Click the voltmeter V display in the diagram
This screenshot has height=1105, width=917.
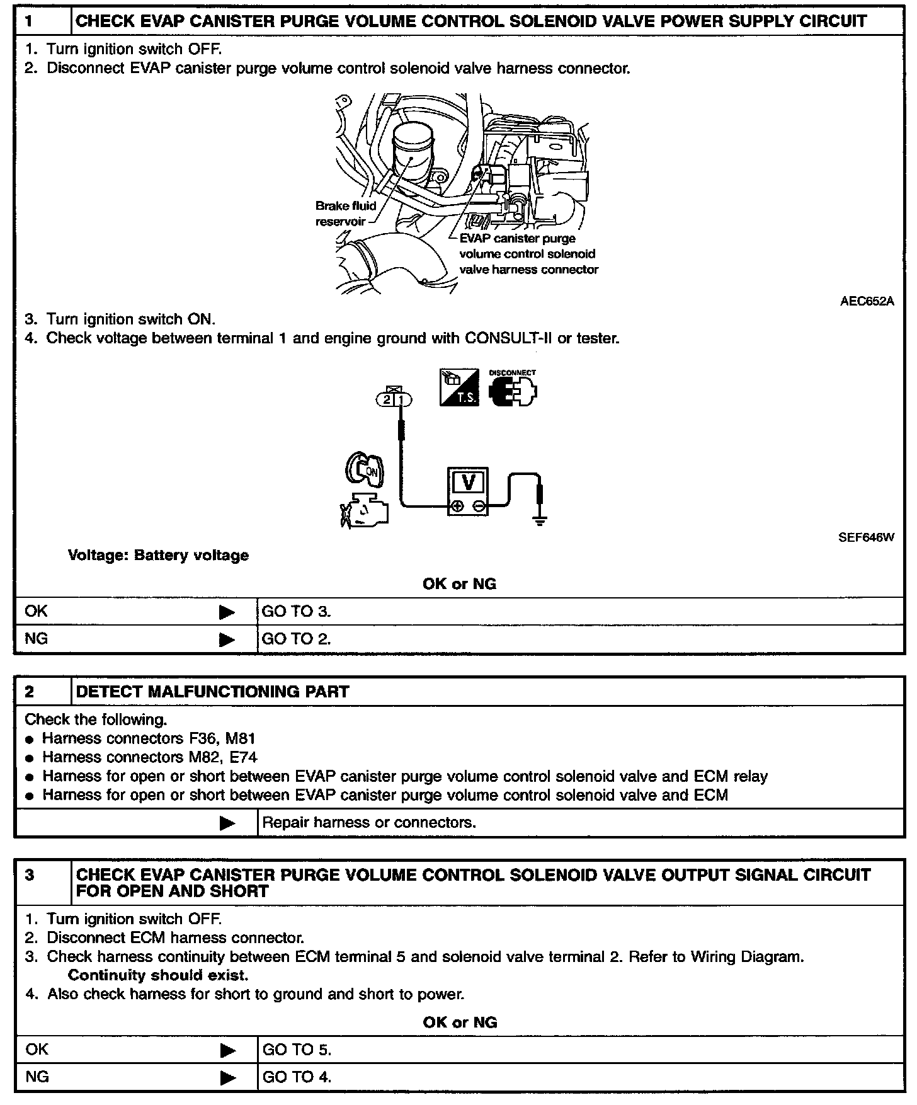tap(469, 482)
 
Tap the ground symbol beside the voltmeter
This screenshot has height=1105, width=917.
tap(540, 520)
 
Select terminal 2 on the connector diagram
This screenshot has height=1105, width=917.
tap(386, 399)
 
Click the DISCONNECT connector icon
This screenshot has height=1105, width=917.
tap(513, 389)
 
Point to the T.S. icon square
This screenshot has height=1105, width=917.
tap(458, 387)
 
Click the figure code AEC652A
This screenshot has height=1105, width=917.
tap(867, 301)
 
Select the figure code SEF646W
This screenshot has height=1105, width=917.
tap(866, 538)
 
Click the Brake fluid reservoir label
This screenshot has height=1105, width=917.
tap(345, 214)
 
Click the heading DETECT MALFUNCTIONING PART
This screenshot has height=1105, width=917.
tap(212, 692)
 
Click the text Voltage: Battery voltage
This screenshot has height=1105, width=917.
tap(158, 556)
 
